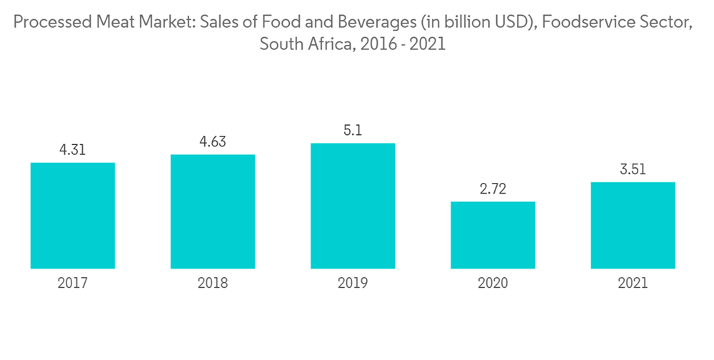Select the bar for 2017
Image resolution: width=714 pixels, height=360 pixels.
click(73, 216)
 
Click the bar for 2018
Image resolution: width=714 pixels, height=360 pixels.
click(213, 211)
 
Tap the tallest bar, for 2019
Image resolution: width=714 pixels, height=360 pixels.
click(353, 206)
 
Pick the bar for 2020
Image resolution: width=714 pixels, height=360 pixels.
click(493, 235)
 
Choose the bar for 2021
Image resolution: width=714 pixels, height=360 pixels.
click(633, 225)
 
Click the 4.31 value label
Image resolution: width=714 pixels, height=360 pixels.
click(73, 150)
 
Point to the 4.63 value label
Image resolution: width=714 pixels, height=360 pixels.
click(213, 141)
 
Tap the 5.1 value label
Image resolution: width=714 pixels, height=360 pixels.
click(353, 131)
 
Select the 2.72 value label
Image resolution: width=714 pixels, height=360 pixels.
click(493, 189)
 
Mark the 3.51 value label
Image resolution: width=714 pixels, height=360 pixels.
click(633, 169)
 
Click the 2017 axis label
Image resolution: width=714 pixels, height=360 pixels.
click(73, 284)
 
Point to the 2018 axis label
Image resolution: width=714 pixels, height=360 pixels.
click(213, 284)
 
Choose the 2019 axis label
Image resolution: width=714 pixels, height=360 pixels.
click(353, 284)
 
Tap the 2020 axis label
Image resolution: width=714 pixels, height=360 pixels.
click(493, 284)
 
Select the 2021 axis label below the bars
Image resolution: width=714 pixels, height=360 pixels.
click(633, 284)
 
